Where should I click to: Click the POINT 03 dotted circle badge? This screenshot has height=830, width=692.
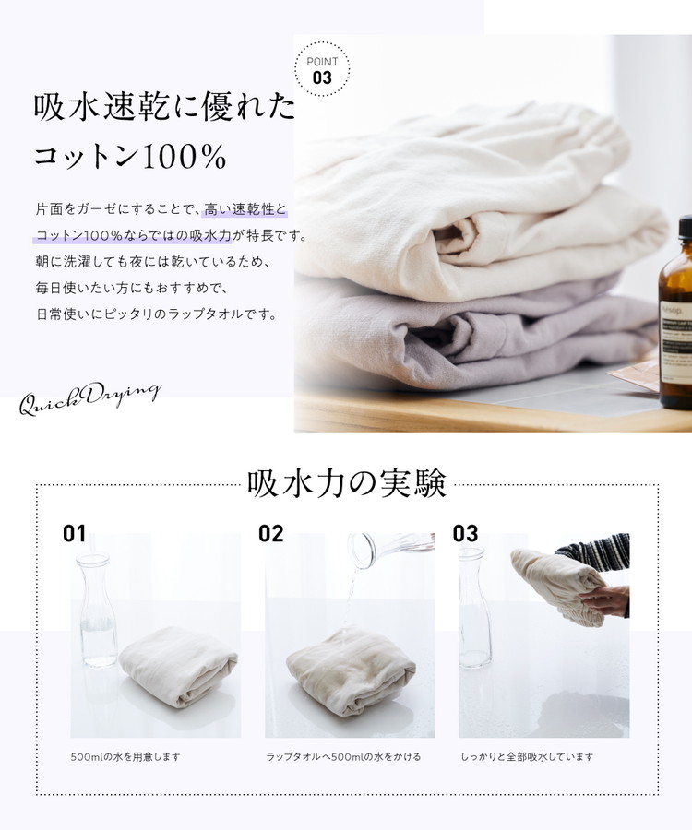(322, 69)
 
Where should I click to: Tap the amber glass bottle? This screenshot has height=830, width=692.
(675, 313)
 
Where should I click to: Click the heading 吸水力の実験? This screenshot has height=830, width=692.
(347, 483)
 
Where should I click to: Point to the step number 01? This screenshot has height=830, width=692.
(74, 534)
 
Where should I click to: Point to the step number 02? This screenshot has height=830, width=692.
(270, 534)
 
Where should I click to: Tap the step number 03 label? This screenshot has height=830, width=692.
(465, 534)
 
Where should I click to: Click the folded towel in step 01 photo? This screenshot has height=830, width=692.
(178, 666)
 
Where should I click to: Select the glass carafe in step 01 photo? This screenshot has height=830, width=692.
(96, 609)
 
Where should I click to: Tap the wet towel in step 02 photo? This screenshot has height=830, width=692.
(351, 670)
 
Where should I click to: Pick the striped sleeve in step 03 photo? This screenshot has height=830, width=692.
(596, 555)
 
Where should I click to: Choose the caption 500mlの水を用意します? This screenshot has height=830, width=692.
(126, 757)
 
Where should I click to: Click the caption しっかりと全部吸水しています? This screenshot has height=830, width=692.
(527, 757)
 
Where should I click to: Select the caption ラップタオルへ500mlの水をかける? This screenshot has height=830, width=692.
(343, 757)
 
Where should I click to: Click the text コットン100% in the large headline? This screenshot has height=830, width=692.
(130, 156)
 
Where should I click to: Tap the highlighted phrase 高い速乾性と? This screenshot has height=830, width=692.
(245, 209)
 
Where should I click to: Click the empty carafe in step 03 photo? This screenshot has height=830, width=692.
(474, 608)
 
